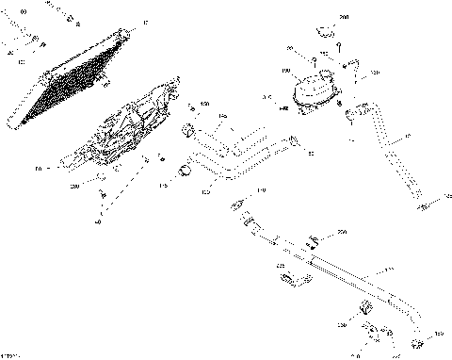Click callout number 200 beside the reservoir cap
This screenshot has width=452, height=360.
click(343, 17)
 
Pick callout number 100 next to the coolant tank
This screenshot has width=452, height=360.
click(285, 71)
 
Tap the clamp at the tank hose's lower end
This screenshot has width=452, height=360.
click(422, 199)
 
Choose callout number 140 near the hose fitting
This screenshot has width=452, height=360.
click(261, 190)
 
